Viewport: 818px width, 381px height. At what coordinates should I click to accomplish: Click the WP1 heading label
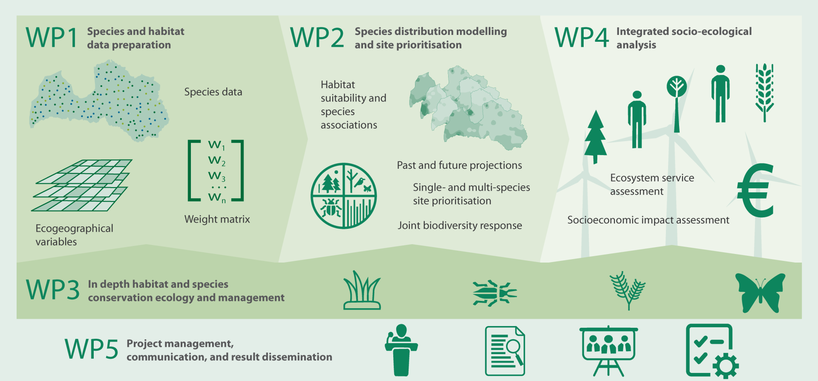52,38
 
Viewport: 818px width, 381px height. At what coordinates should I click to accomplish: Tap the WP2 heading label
317,38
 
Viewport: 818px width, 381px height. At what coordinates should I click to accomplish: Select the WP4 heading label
582,38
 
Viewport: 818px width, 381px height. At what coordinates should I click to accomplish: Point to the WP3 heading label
53,290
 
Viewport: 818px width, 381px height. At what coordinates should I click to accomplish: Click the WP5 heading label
92,349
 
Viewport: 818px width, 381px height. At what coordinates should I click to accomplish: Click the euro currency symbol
756,190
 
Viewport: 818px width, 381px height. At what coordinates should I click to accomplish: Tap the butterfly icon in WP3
760,293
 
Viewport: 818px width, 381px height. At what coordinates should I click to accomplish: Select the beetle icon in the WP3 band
494,293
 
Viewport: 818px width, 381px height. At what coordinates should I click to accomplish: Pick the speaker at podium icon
401,350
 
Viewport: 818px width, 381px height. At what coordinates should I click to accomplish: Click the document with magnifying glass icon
505,350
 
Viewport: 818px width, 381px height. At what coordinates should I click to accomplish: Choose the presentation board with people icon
608,350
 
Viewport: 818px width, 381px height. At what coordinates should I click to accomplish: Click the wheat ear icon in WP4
765,92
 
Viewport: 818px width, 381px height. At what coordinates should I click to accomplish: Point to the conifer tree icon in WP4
595,136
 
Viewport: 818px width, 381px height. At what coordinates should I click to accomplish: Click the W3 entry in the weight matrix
217,176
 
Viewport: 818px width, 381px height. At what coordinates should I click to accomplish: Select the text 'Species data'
213,92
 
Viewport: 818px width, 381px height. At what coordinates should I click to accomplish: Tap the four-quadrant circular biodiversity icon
343,196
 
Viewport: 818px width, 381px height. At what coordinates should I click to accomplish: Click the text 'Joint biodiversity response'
460,225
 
